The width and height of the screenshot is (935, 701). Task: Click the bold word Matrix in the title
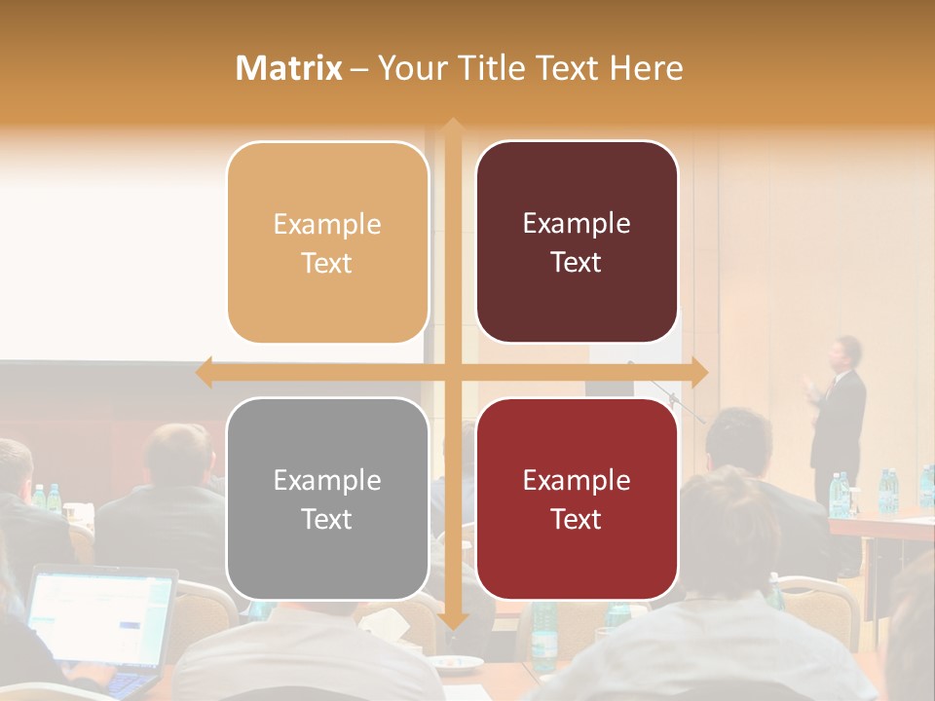point(289,68)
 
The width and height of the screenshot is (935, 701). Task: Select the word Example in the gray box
point(327,480)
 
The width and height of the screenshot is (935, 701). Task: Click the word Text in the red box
point(577,519)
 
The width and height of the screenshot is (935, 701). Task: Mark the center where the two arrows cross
point(452,372)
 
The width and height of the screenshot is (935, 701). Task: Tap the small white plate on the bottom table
point(458,663)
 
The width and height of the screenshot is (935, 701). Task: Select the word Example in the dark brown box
point(577,223)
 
